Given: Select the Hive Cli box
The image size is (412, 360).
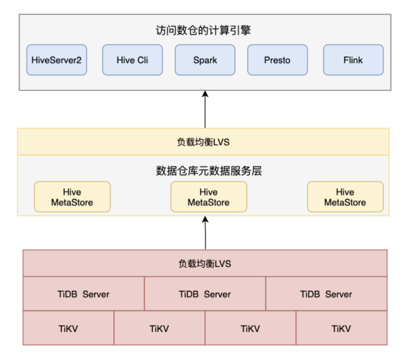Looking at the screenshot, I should point(132,60).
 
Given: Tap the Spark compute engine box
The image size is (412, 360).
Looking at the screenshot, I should point(205,60).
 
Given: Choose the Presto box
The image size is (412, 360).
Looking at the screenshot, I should point(277,60).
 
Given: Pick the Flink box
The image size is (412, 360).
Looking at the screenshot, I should point(353,60).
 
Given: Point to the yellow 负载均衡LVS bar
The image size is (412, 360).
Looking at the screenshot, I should point(203,142).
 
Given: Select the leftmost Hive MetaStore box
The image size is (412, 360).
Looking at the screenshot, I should point(72,197).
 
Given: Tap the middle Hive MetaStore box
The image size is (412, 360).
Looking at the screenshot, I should point(209,197).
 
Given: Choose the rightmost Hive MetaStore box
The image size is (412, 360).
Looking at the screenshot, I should point(345,197).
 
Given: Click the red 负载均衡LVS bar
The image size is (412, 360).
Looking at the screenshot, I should point(205,263).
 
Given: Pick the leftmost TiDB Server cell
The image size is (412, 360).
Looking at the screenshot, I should point(83,294).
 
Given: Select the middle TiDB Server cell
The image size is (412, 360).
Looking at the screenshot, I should point(205,294).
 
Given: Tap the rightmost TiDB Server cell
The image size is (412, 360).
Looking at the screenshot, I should point(326,294).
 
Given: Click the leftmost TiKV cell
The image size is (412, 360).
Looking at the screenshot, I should point(68,328).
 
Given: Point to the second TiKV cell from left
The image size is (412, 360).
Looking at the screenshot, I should point(159,328).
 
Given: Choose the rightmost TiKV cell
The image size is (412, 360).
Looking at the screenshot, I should point(342,328).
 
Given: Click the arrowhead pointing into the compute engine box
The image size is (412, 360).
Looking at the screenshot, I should point(205,94).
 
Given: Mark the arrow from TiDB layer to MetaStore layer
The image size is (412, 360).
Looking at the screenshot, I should point(205,233).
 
